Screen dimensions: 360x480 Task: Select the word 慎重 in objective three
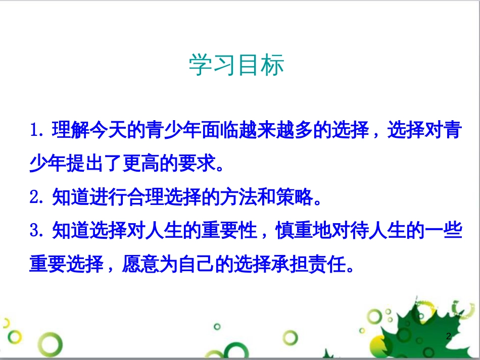pos(293,231)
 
